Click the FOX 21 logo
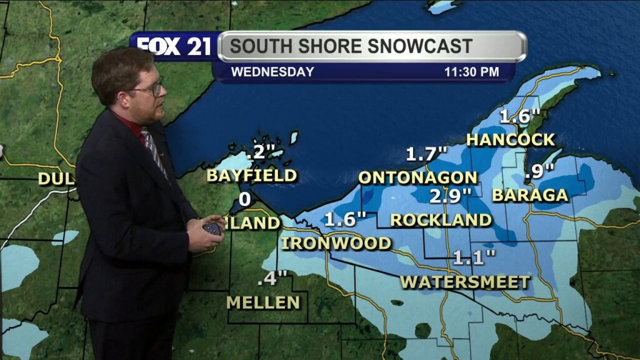point(174,46)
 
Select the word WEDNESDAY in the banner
point(272,72)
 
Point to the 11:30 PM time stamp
point(471,72)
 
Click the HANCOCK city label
point(510,139)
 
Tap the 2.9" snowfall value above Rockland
point(449,196)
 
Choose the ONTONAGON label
point(418,177)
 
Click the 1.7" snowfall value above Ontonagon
point(427,154)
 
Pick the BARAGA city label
point(530,195)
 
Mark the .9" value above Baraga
point(539,171)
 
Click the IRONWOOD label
point(336,243)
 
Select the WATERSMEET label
point(465,282)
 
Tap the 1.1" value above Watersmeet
point(474,257)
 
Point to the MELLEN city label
point(263,302)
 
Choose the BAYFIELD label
point(251,176)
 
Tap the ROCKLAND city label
point(441,220)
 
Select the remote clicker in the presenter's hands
point(212,228)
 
